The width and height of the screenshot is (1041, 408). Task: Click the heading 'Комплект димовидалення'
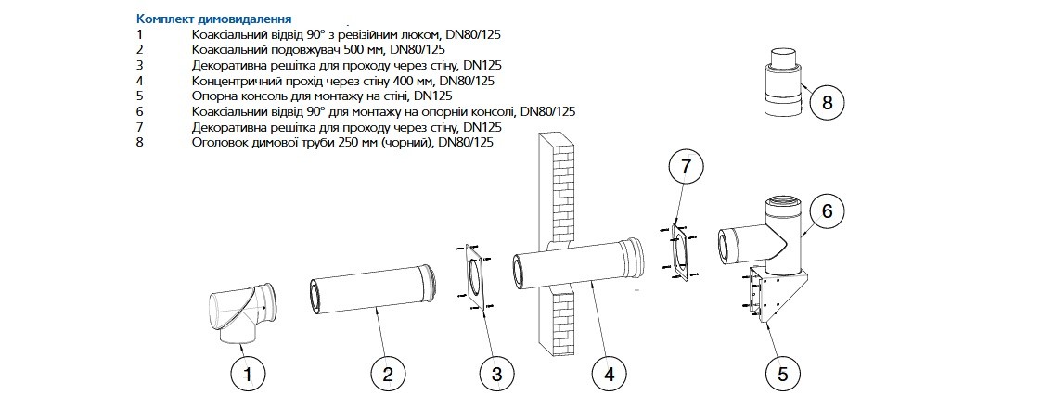tap(213, 19)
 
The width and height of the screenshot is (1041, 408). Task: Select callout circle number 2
tap(389, 375)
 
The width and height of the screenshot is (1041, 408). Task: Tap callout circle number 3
tap(497, 375)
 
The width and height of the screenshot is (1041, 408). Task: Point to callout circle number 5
tap(782, 375)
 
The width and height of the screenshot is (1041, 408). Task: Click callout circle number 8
tap(827, 103)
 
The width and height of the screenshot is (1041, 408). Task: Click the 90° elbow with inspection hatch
tap(242, 313)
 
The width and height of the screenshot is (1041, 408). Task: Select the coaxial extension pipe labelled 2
tap(372, 288)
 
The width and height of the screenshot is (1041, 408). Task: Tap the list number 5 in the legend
tap(139, 96)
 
